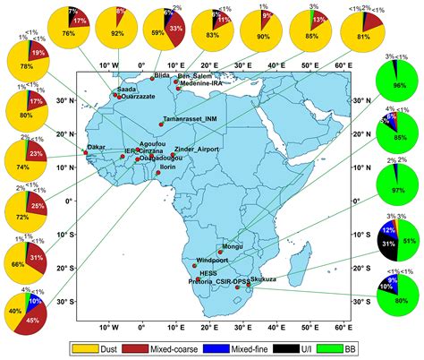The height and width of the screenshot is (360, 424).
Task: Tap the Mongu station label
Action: coord(232,245)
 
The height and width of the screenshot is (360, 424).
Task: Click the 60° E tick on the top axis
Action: coord(343,65)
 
